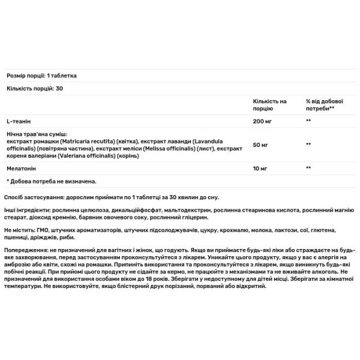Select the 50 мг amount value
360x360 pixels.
pyautogui.click(x=260, y=145)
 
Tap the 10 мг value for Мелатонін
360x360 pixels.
pyautogui.click(x=260, y=168)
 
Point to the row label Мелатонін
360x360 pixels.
pyautogui.click(x=22, y=168)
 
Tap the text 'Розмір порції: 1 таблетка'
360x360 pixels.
pyautogui.click(x=41, y=76)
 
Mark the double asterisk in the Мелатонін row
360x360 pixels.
pyautogui.click(x=308, y=168)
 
